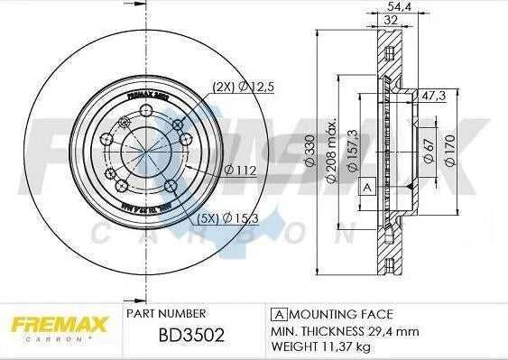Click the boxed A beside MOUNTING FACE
tap(279, 314)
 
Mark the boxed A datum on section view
tap(367, 188)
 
